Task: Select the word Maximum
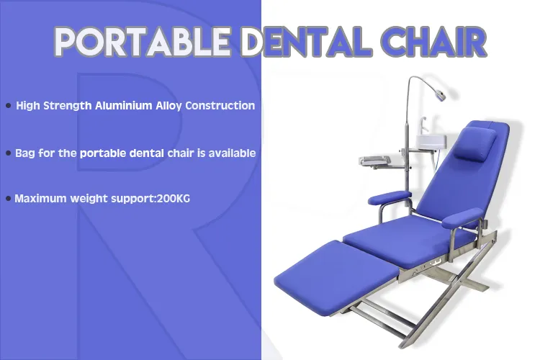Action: coord(40,198)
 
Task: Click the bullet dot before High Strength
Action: coord(8,107)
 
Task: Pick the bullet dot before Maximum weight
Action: coord(8,198)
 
